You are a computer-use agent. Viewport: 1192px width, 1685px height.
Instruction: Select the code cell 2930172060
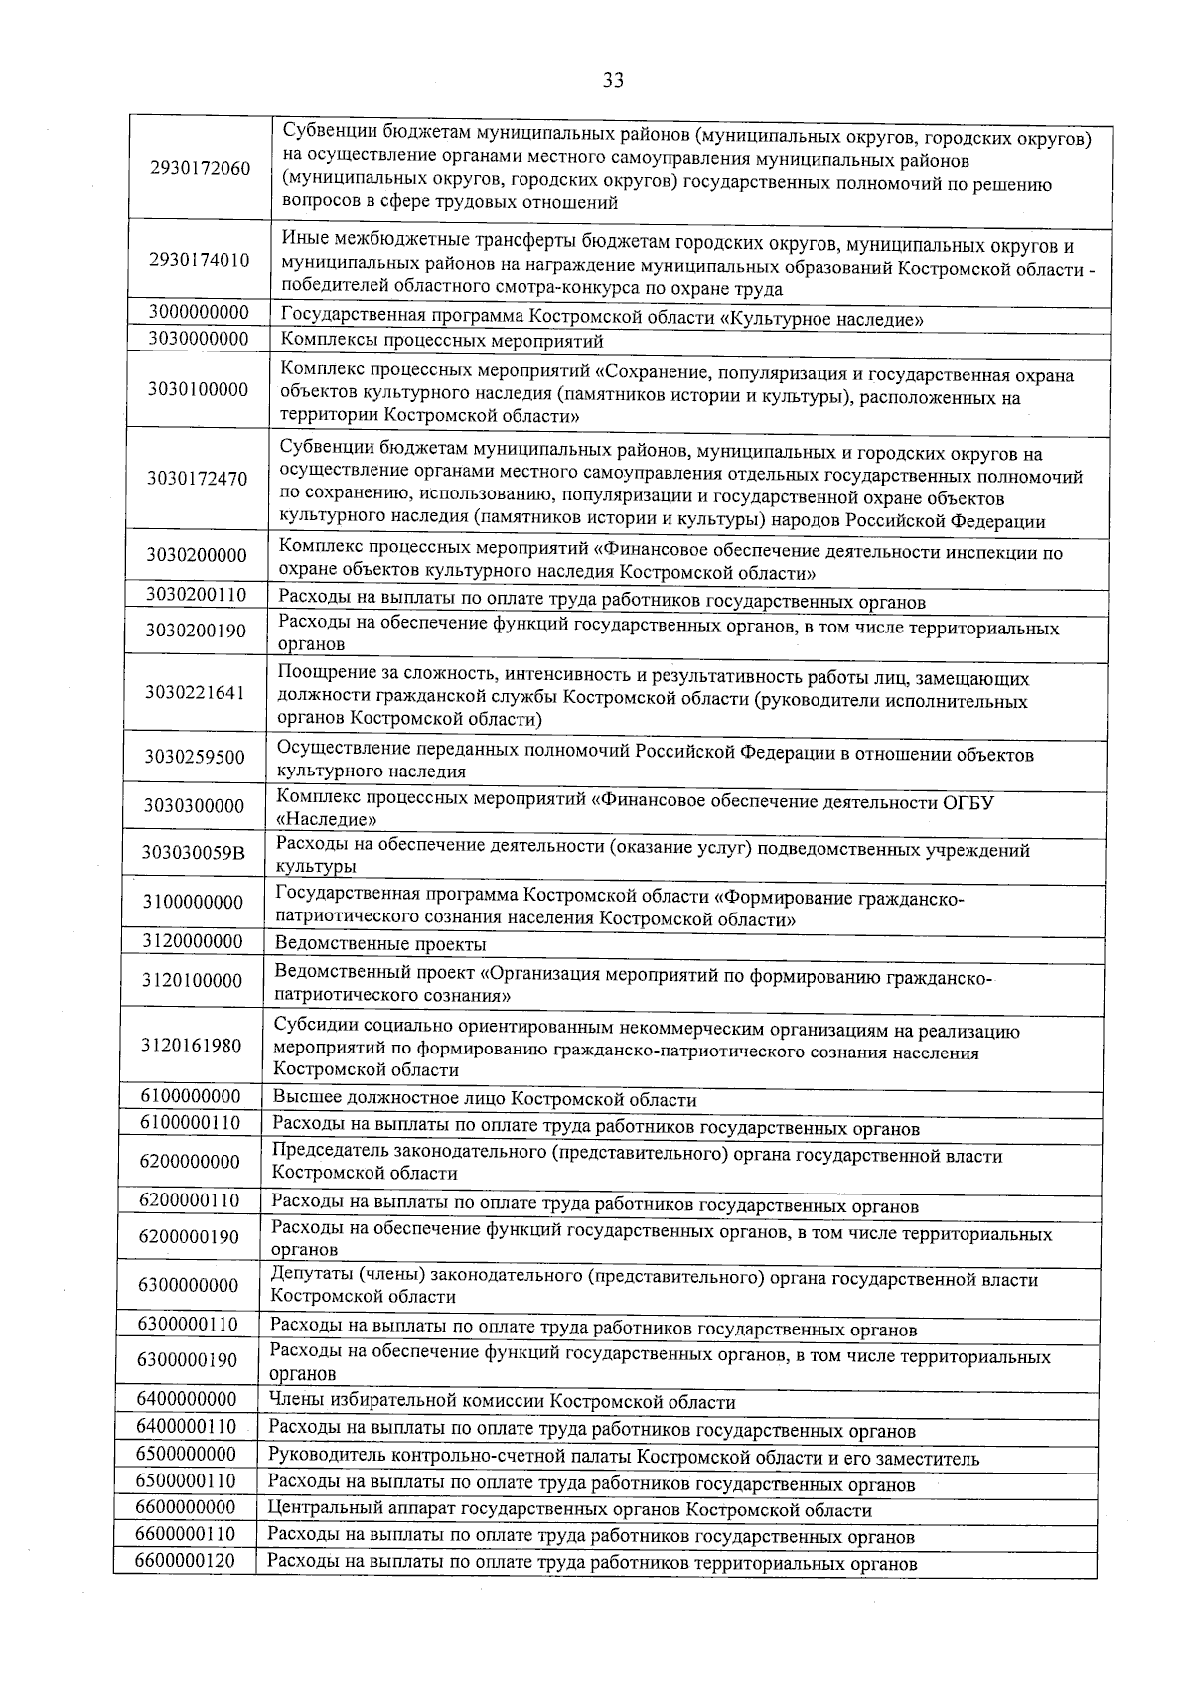click(x=200, y=168)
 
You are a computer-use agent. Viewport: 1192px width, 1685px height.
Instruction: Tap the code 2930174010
click(x=199, y=261)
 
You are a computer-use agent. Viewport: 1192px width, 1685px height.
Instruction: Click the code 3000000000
click(x=198, y=312)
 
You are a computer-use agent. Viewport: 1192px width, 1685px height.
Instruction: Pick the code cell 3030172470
click(x=197, y=479)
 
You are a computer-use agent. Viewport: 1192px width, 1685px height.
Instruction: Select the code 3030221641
click(x=195, y=692)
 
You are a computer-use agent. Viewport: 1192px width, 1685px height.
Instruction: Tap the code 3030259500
click(x=194, y=757)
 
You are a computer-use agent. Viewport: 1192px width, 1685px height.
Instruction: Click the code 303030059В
click(x=194, y=853)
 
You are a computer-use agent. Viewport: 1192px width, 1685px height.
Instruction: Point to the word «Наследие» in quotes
click(x=326, y=820)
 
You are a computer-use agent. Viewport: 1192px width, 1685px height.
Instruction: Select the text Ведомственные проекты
click(x=380, y=943)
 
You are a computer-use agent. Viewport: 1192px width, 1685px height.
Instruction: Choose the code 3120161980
click(x=192, y=1045)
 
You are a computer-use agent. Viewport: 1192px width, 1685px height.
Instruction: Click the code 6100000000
click(x=191, y=1096)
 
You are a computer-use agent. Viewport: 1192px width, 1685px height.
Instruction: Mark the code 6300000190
click(x=188, y=1359)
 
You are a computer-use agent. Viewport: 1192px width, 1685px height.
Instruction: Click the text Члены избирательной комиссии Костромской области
click(x=503, y=1402)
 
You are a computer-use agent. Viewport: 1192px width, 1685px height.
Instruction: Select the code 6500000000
click(x=187, y=1454)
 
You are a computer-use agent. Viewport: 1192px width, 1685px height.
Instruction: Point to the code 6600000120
click(x=186, y=1561)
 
